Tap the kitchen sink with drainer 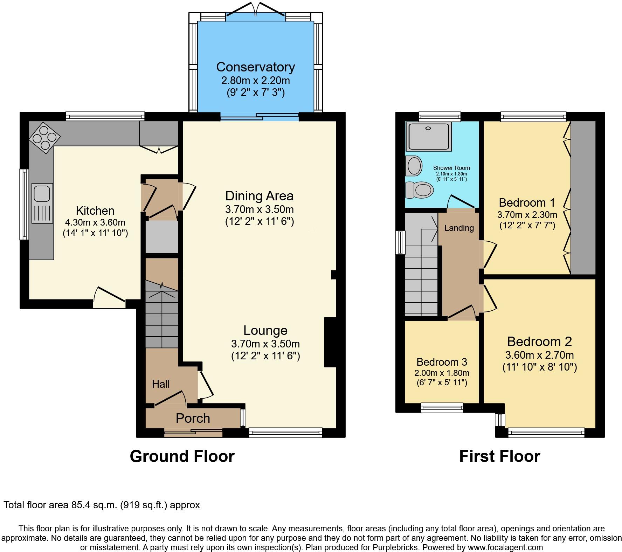(42, 203)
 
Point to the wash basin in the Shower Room (414, 166)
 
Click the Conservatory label (255, 67)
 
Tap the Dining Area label (259, 196)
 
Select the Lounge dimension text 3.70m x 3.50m (265, 344)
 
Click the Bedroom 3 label (442, 362)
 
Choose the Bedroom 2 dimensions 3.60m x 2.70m (539, 355)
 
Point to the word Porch (193, 418)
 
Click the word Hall (161, 384)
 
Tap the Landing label (459, 228)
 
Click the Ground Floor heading (182, 456)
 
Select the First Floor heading (499, 456)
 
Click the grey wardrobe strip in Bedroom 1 (583, 198)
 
